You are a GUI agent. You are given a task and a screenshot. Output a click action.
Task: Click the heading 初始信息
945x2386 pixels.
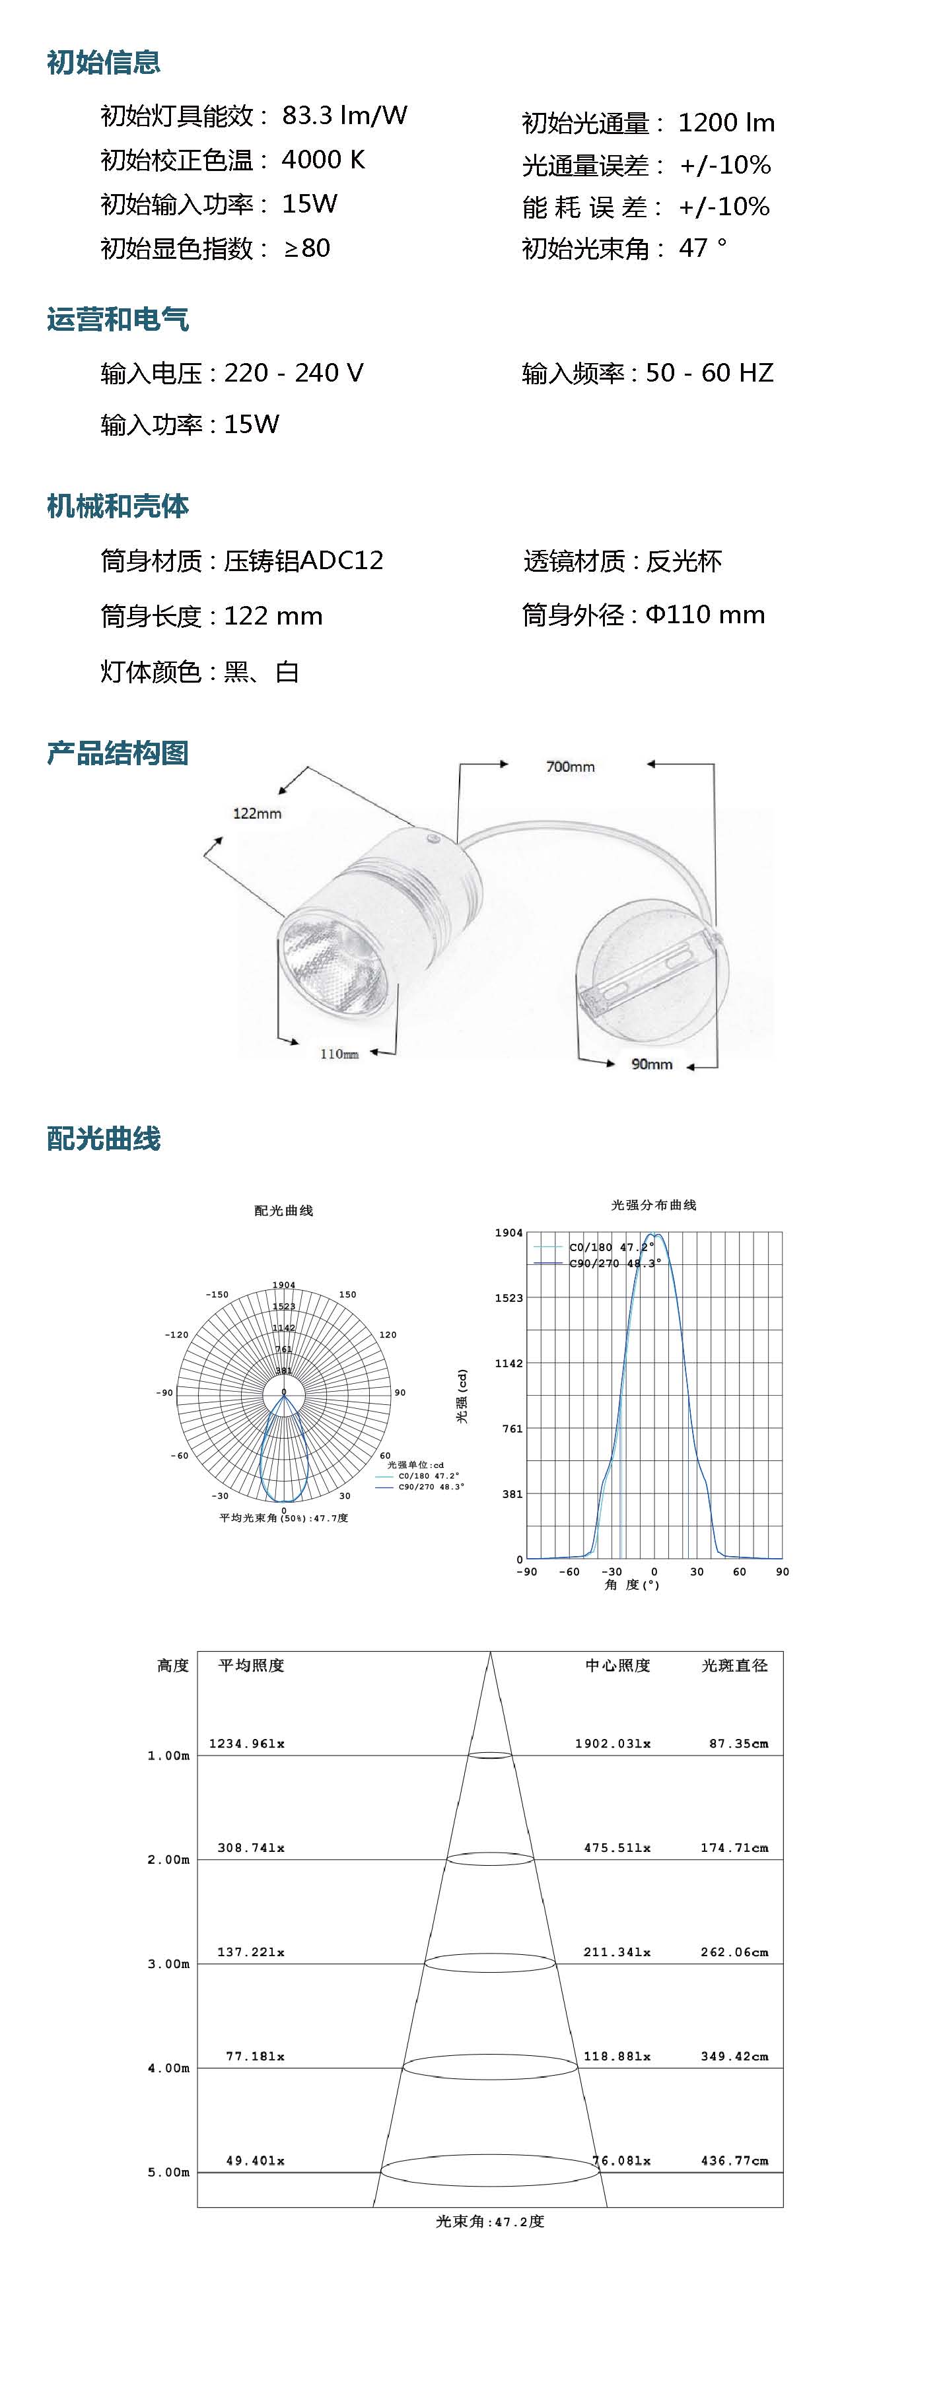coord(104,62)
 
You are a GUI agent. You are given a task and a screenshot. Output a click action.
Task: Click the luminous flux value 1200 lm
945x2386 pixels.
coord(726,123)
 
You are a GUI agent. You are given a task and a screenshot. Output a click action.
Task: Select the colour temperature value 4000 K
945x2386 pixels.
coord(324,160)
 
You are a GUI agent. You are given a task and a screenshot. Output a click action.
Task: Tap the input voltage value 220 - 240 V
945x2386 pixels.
coord(294,372)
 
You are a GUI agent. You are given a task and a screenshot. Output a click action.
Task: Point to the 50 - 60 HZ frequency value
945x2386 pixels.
coord(710,372)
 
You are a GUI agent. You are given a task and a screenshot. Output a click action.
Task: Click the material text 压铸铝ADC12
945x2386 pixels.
coord(304,561)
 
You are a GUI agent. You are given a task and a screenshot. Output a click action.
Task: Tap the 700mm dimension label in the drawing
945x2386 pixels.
coord(570,767)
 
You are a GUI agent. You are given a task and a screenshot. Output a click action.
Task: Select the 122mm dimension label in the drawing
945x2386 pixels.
coord(257,813)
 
